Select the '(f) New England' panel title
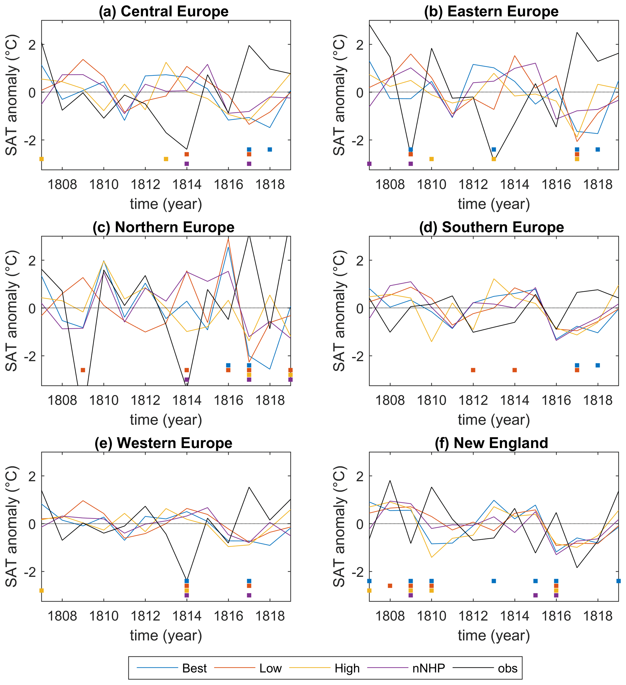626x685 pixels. click(491, 443)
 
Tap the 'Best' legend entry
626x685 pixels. click(194, 668)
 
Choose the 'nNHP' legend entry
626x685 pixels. click(429, 668)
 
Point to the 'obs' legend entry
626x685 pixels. click(508, 668)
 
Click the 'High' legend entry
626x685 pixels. click(347, 668)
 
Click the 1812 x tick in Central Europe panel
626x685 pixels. click(145, 185)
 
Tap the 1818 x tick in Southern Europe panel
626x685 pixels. click(598, 400)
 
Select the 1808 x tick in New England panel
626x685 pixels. click(390, 616)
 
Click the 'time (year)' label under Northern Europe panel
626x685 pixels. click(166, 420)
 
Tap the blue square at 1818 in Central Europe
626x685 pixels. click(270, 149)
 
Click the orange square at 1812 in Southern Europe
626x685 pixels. click(473, 370)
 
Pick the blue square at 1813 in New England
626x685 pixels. click(494, 581)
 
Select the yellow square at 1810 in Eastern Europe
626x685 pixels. click(431, 159)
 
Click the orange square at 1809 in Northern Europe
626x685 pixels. click(83, 370)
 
